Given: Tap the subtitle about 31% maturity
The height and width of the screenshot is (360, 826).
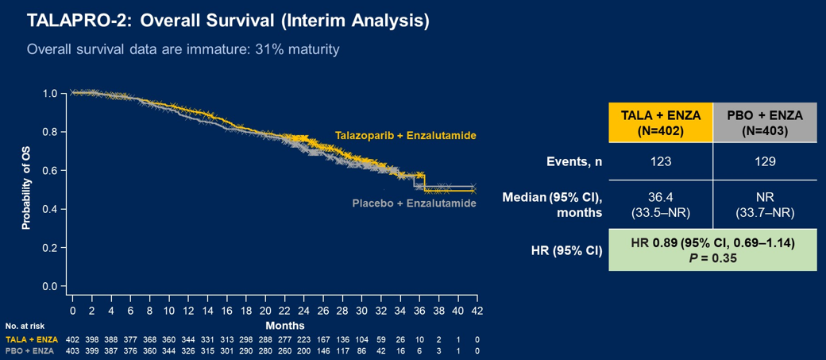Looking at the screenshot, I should (183, 49).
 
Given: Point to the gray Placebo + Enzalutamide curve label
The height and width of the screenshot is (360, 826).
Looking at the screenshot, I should (414, 203).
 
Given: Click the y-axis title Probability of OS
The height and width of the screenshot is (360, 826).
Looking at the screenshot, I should (26, 189).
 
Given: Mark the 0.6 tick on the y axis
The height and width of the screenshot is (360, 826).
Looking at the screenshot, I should (49, 170).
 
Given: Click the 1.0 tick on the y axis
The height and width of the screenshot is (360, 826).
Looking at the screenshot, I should (49, 94).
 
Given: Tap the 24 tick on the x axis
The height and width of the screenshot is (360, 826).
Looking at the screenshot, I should (303, 310).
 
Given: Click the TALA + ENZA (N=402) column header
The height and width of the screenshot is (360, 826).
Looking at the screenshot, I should (661, 122).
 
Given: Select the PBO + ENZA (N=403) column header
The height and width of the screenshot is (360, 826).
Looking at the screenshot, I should (765, 122).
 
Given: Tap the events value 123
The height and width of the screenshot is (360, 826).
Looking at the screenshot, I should (661, 161).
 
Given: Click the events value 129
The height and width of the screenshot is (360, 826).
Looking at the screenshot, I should (765, 161).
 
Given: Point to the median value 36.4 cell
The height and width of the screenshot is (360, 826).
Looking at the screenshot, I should (661, 203).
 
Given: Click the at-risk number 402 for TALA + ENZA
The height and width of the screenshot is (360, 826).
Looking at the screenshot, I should (72, 339).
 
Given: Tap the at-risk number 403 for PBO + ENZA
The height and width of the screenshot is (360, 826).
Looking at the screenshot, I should (72, 350).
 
